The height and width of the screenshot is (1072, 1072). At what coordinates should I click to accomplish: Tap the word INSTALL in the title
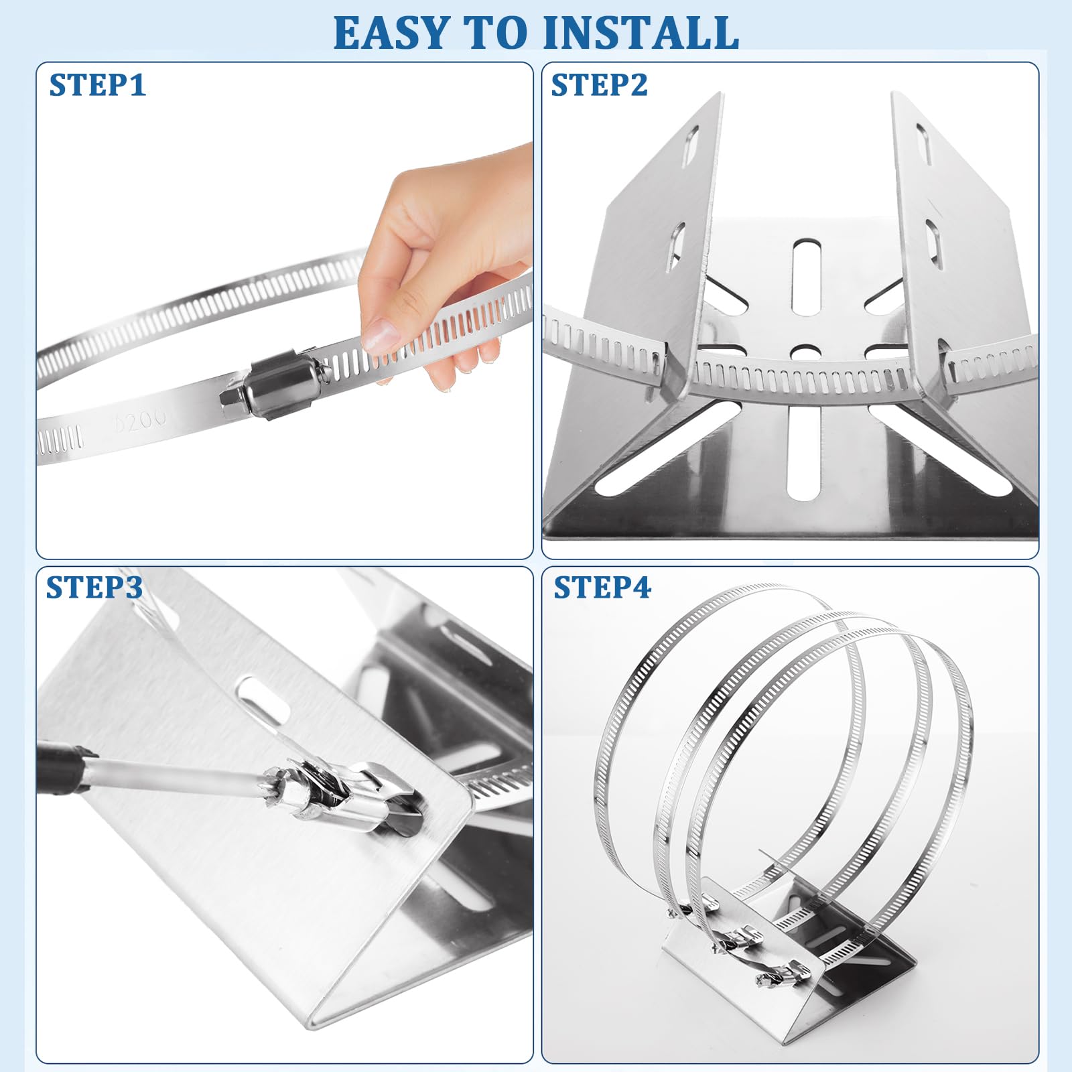[x=641, y=33]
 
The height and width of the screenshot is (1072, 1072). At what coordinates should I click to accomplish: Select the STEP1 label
[x=98, y=85]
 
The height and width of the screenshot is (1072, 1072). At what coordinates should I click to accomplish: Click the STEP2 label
[x=600, y=85]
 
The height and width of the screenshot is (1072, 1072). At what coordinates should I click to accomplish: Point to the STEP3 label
[x=94, y=587]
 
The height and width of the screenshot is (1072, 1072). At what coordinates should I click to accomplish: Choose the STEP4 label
[x=602, y=587]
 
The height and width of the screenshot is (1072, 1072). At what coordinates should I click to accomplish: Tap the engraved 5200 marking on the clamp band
[x=141, y=420]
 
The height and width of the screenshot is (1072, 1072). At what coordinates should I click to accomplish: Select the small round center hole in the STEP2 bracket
[x=807, y=352]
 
